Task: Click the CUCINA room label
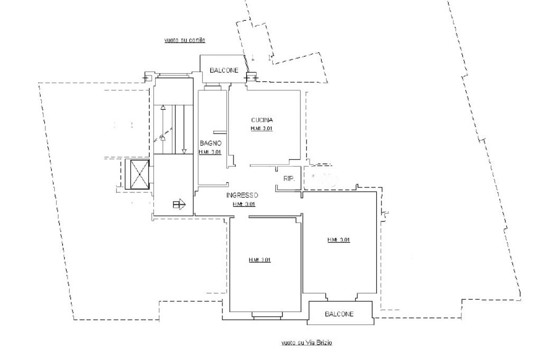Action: click(x=262, y=120)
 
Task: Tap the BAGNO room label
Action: click(x=210, y=143)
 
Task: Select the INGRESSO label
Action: click(x=242, y=195)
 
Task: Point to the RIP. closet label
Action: click(x=288, y=179)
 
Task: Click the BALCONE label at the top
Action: click(x=224, y=70)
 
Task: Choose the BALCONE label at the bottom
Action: click(x=339, y=314)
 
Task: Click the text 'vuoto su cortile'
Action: click(x=184, y=40)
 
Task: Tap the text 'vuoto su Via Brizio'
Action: click(x=306, y=343)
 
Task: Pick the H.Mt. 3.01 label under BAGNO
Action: click(x=209, y=152)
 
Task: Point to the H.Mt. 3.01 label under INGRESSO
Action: click(x=244, y=204)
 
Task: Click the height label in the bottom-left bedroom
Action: click(x=259, y=260)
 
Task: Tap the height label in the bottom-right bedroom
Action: click(x=339, y=240)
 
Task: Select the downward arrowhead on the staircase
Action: click(x=184, y=152)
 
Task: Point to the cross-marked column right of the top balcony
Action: click(x=251, y=78)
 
